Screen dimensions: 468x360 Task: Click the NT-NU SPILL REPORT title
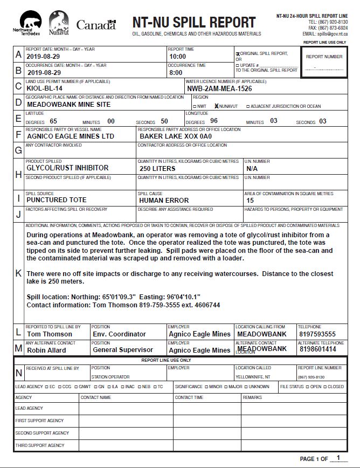pyautogui.click(x=193, y=23)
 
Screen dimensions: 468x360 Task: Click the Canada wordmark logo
pyautogui.click(x=96, y=24)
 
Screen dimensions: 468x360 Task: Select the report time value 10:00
pyautogui.click(x=177, y=57)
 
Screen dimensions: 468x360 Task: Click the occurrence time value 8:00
pyautogui.click(x=176, y=72)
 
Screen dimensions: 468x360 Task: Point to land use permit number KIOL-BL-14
pyautogui.click(x=45, y=88)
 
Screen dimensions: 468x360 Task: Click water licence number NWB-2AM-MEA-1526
pyautogui.click(x=220, y=88)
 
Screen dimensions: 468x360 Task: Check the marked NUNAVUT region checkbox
pyautogui.click(x=217, y=106)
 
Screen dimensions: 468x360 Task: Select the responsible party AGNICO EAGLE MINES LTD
pyautogui.click(x=71, y=136)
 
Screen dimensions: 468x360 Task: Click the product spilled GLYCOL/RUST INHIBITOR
pyautogui.click(x=67, y=168)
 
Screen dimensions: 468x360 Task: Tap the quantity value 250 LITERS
pyautogui.click(x=157, y=169)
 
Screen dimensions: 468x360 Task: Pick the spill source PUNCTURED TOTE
pyautogui.click(x=57, y=200)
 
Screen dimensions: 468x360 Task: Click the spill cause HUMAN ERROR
pyautogui.click(x=164, y=201)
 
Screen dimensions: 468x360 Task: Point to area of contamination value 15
pyautogui.click(x=250, y=201)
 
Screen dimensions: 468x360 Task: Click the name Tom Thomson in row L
pyautogui.click(x=50, y=334)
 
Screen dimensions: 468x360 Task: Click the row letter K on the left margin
pyautogui.click(x=19, y=273)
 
